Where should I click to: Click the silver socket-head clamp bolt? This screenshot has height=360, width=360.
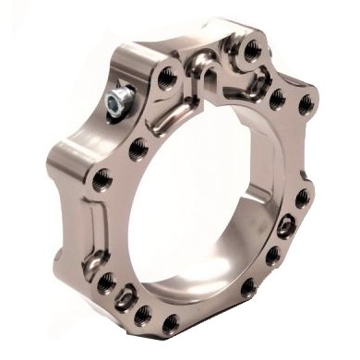tap(117, 99)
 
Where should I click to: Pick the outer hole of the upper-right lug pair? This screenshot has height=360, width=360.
tap(305, 104)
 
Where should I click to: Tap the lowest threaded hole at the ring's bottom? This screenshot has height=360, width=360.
tap(171, 323)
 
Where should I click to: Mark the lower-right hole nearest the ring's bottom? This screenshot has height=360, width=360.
tap(247, 287)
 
